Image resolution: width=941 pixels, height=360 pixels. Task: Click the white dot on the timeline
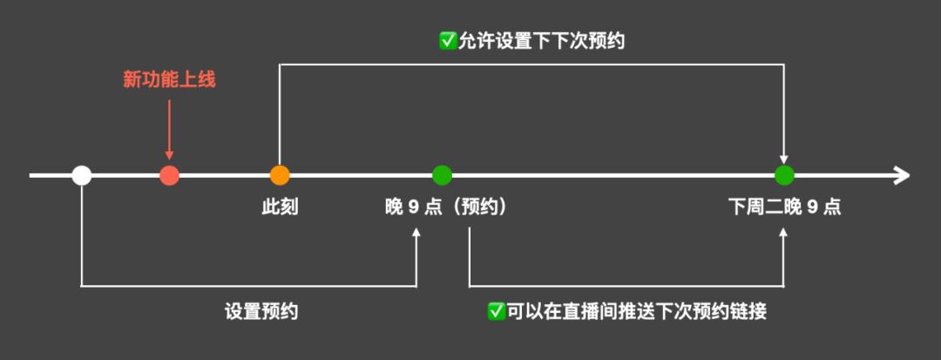(x=82, y=175)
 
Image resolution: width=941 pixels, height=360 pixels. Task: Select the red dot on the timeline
(x=170, y=175)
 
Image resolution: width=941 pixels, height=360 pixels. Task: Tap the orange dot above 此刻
(x=280, y=175)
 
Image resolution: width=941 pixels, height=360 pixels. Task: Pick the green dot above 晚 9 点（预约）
(x=443, y=175)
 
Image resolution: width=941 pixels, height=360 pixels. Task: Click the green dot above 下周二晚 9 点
(x=785, y=175)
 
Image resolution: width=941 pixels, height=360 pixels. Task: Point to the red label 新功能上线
(x=169, y=80)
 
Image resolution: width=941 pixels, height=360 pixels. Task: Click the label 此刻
(x=280, y=207)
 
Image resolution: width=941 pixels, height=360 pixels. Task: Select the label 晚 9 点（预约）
(x=446, y=207)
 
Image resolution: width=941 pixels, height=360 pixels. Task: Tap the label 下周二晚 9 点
(x=784, y=207)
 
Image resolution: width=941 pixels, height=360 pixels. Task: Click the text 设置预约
(x=261, y=311)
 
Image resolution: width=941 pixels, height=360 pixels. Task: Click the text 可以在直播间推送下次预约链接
(x=637, y=311)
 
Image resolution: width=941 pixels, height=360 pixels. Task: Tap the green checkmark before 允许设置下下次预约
(x=448, y=41)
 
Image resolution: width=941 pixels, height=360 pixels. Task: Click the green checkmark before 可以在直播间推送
(x=497, y=311)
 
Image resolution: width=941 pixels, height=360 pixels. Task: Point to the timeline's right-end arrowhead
(x=902, y=175)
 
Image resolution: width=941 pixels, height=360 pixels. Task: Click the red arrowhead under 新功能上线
(x=169, y=155)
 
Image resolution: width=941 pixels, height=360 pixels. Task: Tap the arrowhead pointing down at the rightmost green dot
(x=785, y=157)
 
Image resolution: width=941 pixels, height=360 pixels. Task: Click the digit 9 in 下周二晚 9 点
(x=812, y=207)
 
